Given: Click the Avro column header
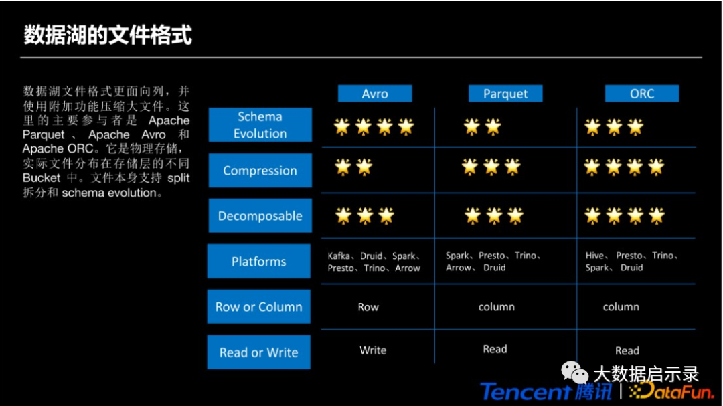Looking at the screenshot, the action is (x=375, y=93).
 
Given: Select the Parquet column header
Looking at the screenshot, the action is (x=505, y=93).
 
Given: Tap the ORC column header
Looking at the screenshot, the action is (x=642, y=93).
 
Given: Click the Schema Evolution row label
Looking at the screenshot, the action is (x=260, y=125).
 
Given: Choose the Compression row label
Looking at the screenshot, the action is (x=260, y=171).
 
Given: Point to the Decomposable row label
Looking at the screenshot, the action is (x=260, y=215).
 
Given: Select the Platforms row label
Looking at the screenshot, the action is (x=258, y=262).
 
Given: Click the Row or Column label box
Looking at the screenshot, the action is (x=258, y=307).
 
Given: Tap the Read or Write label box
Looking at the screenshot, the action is (x=258, y=352).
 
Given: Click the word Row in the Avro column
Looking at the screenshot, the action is (x=368, y=307).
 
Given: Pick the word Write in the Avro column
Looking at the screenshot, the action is (x=373, y=350).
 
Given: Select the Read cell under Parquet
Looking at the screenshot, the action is (x=495, y=349).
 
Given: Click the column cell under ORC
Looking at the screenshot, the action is (x=621, y=307).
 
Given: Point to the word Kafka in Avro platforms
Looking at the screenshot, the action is (x=339, y=256).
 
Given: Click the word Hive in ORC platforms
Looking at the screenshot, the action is (x=594, y=256).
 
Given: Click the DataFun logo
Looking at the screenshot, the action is (x=671, y=391).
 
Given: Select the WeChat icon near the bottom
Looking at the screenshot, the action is (x=574, y=373).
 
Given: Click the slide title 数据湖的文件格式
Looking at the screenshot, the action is (x=108, y=35).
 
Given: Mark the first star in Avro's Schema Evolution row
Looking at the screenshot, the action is (x=342, y=126).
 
